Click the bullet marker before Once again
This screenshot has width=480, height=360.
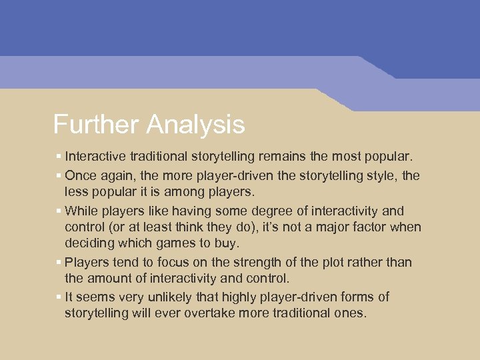point(59,175)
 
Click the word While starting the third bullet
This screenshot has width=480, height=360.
point(81,211)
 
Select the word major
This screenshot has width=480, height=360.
point(329,227)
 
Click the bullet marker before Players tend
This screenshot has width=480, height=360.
point(59,263)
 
